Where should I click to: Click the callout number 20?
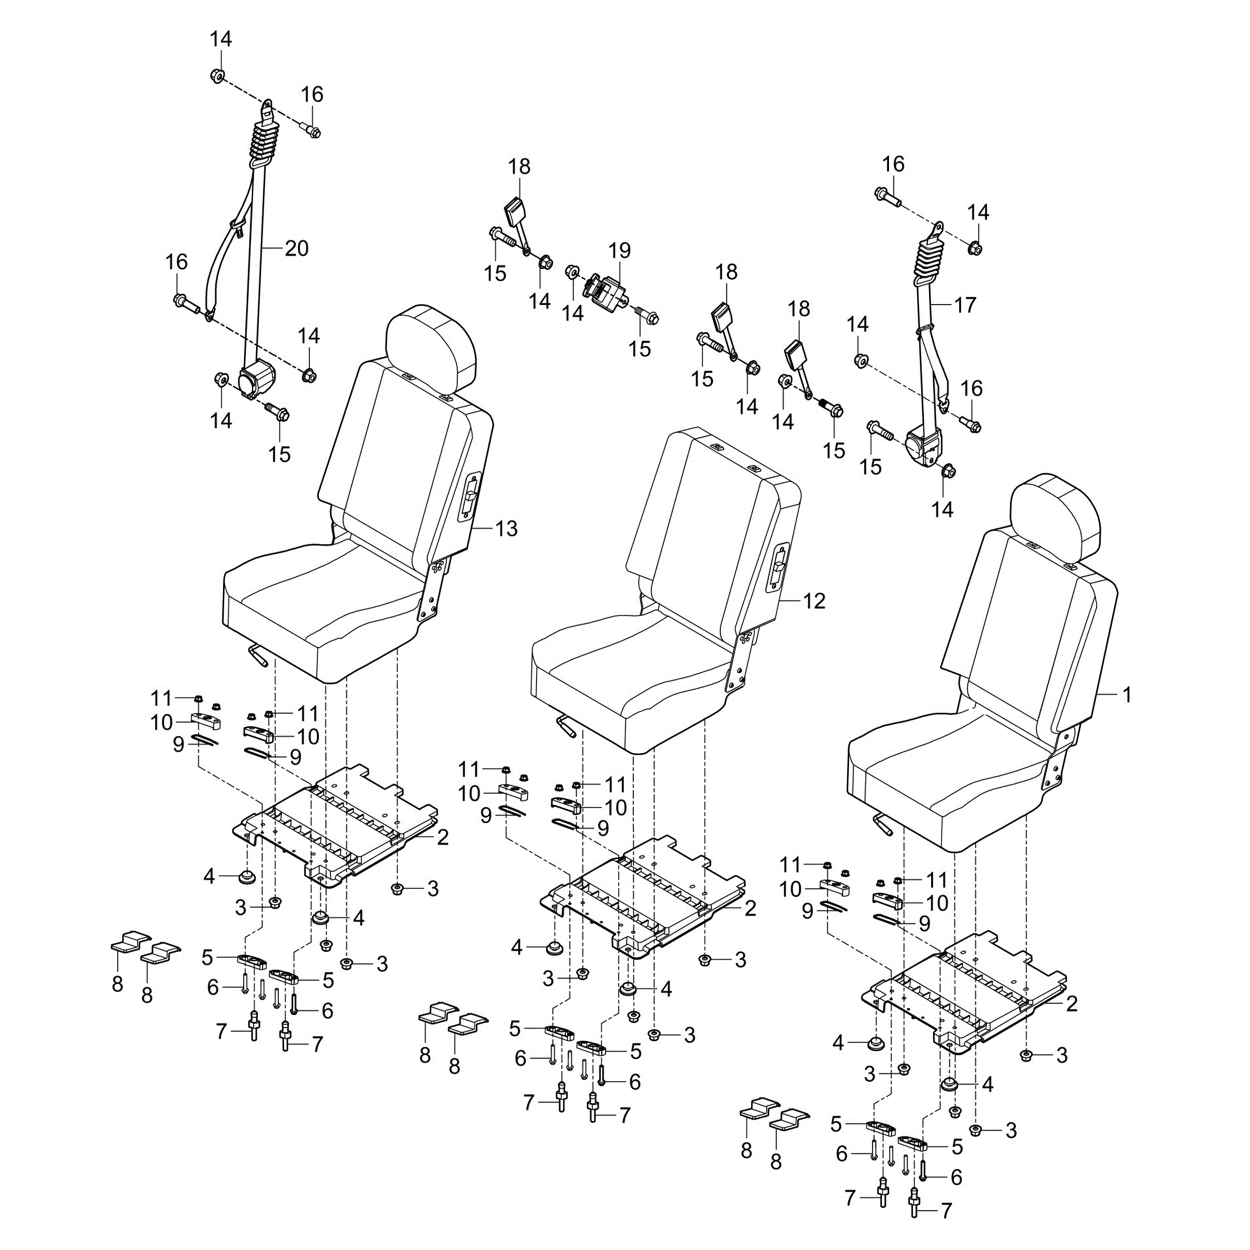pos(297,248)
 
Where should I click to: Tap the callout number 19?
pos(619,250)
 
